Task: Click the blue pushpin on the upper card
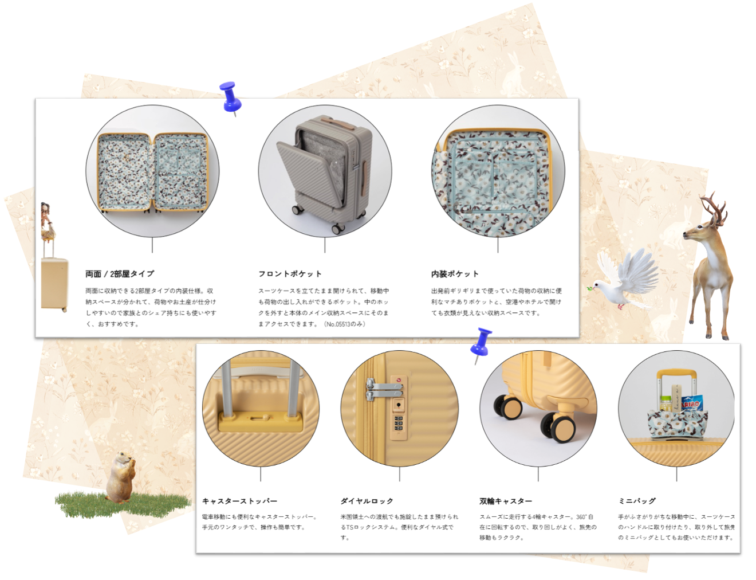(230, 97)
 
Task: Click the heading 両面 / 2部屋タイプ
(120, 274)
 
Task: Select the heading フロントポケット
(290, 274)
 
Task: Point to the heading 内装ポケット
(455, 274)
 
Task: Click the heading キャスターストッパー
(240, 501)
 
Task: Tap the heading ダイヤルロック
(367, 501)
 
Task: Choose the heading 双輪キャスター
(506, 501)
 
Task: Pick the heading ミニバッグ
(637, 501)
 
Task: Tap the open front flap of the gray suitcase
(299, 171)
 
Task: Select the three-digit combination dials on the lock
(399, 423)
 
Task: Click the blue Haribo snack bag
(692, 404)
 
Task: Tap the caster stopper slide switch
(259, 417)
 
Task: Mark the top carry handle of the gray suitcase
(331, 120)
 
